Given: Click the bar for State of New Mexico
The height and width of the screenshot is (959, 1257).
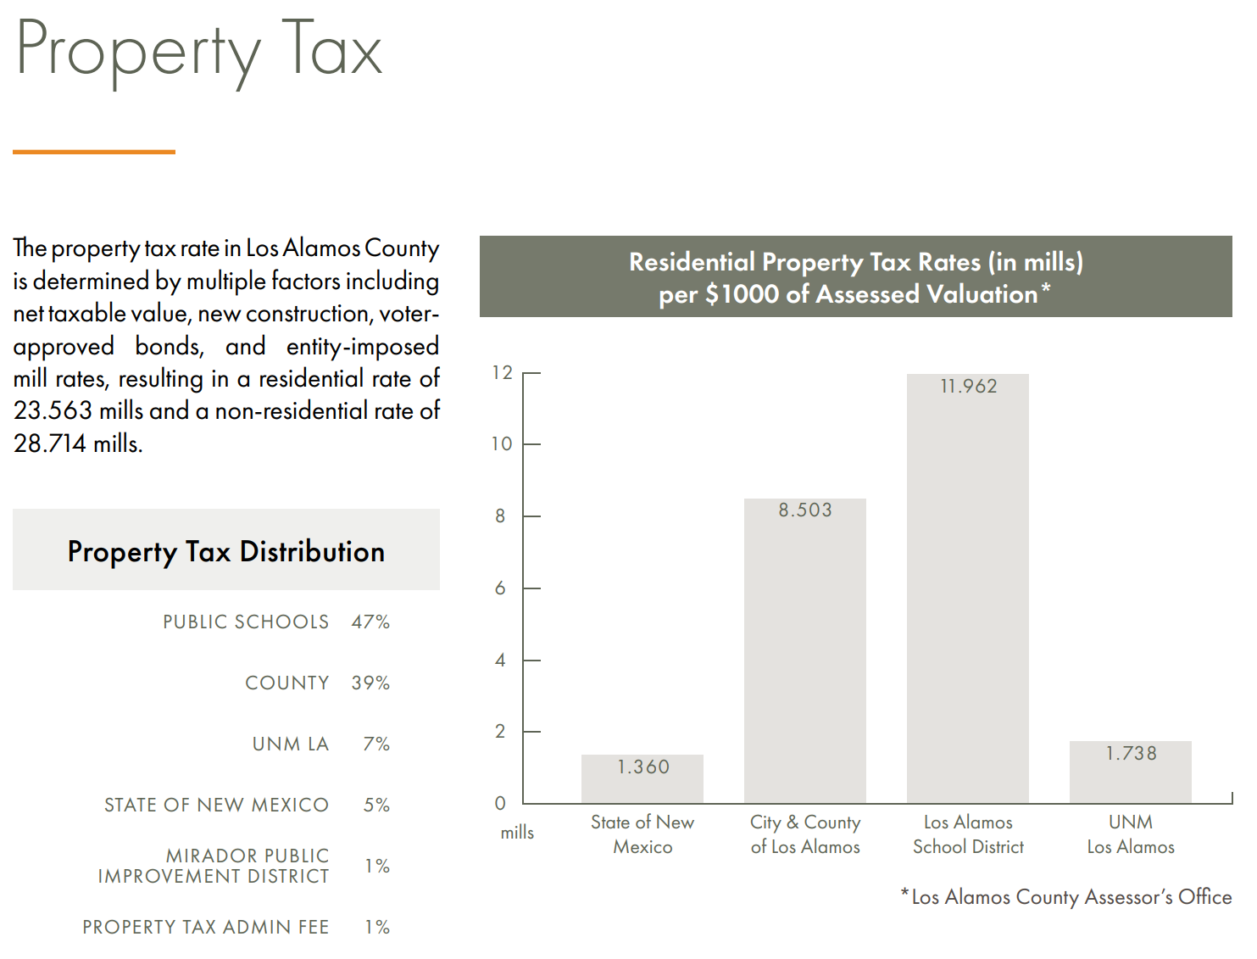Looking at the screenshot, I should point(642,779).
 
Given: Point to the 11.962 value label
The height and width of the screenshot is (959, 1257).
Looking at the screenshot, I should point(968,387).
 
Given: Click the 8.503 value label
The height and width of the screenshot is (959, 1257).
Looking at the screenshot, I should point(805,510).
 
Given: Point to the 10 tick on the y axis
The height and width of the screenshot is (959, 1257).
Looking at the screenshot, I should point(502,444).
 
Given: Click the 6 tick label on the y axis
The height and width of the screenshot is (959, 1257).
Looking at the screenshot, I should point(500,588).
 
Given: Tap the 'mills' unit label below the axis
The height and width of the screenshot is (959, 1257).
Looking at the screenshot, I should point(517,833).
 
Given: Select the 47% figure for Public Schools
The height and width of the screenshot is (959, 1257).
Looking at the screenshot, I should point(370,622).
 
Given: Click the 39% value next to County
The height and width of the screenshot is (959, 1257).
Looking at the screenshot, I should point(370,683).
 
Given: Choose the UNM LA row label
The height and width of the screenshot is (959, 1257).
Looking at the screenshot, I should point(290,744).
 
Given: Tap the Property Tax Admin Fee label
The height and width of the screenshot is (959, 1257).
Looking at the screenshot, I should point(205,928).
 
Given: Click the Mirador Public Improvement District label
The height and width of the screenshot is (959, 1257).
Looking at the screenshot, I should point(214,866).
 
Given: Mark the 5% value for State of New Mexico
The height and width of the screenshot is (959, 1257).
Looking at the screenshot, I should point(376,806).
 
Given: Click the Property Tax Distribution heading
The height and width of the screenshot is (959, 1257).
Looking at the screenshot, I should point(225,552).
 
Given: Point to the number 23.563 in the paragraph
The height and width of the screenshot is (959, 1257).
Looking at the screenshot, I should point(53,411).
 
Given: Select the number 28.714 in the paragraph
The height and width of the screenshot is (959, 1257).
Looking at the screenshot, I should point(50,443).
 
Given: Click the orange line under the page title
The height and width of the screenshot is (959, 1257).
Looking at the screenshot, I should point(94,152).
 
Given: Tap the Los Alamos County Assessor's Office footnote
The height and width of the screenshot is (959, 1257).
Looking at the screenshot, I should point(1070,897).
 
